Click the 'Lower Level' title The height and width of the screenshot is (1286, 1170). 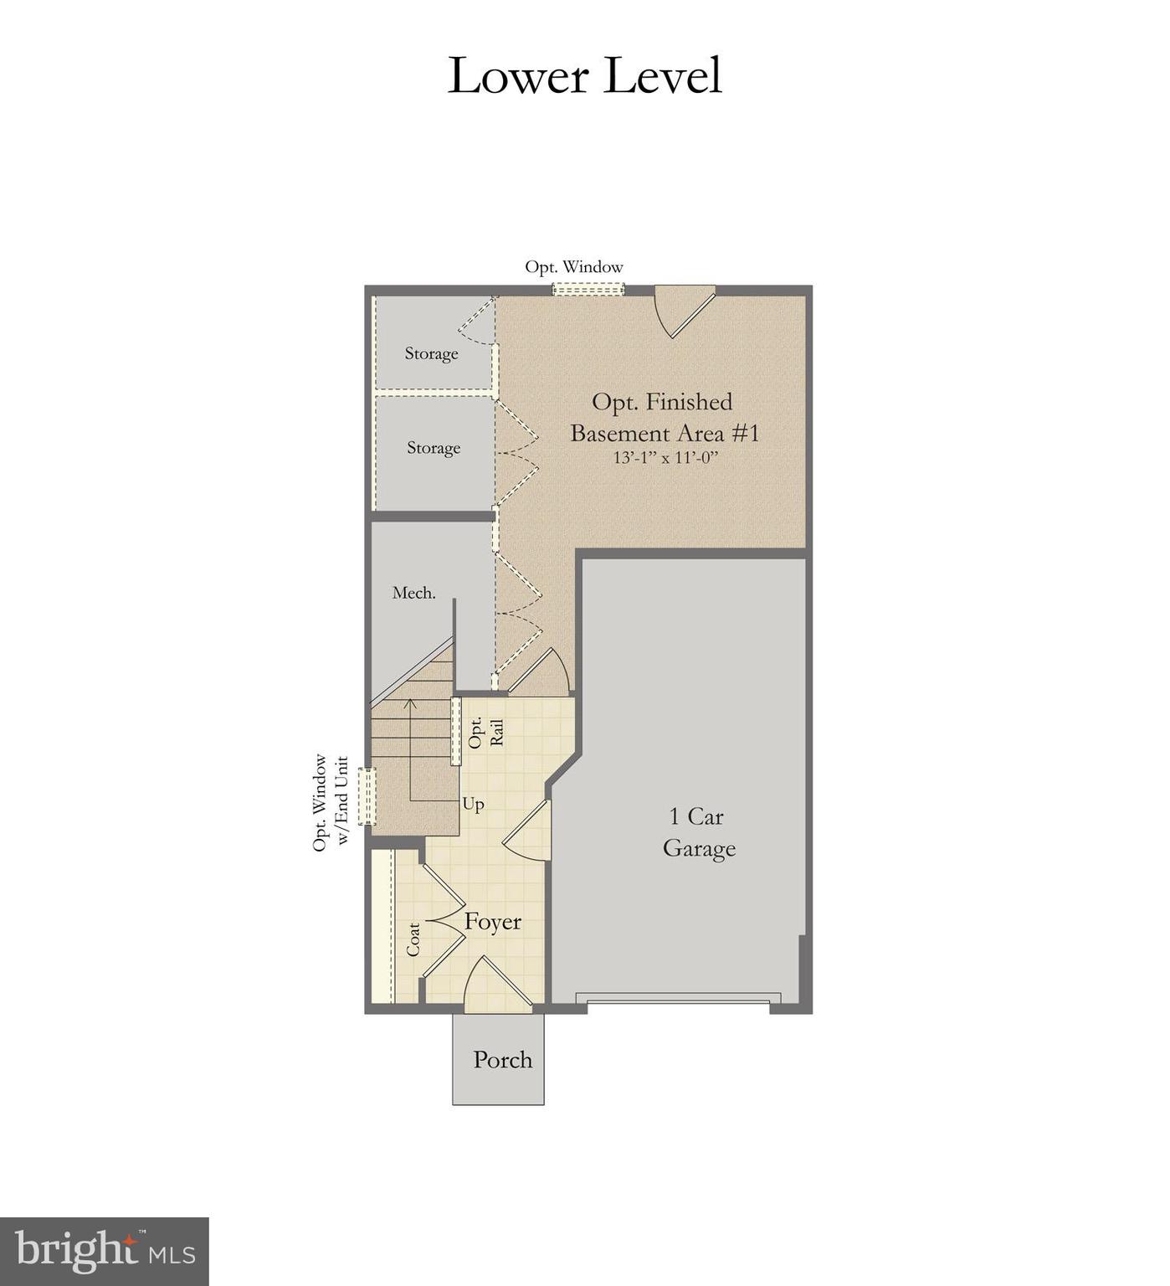584,76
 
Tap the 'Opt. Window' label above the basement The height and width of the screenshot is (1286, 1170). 574,267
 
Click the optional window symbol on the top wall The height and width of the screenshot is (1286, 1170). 588,289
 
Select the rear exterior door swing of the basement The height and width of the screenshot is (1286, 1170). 682,308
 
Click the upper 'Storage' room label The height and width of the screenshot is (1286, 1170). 431,353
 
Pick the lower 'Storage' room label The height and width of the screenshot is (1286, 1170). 434,448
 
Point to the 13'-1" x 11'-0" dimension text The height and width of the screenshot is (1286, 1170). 665,458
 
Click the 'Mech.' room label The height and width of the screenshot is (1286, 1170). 413,593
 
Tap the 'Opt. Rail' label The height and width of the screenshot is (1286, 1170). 486,733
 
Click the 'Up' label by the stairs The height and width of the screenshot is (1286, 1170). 473,804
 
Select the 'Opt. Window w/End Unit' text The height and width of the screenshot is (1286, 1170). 330,803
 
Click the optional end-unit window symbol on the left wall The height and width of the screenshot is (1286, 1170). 366,796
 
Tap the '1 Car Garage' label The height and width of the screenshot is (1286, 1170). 698,832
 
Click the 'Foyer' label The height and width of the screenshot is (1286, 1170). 493,922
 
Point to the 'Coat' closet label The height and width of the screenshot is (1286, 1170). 413,939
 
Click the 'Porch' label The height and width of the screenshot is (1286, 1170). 502,1060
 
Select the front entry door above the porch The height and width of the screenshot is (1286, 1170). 497,988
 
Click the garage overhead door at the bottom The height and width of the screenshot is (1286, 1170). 678,999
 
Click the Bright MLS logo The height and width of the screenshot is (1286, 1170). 104,1251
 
